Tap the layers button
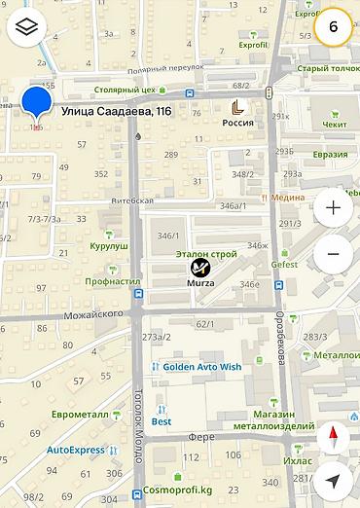point(26,26)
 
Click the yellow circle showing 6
point(334,26)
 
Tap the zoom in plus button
point(333,207)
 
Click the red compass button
point(333,436)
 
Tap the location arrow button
point(333,481)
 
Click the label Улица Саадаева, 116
point(116,112)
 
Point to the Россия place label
point(238,123)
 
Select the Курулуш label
point(109,246)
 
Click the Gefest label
point(284,264)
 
